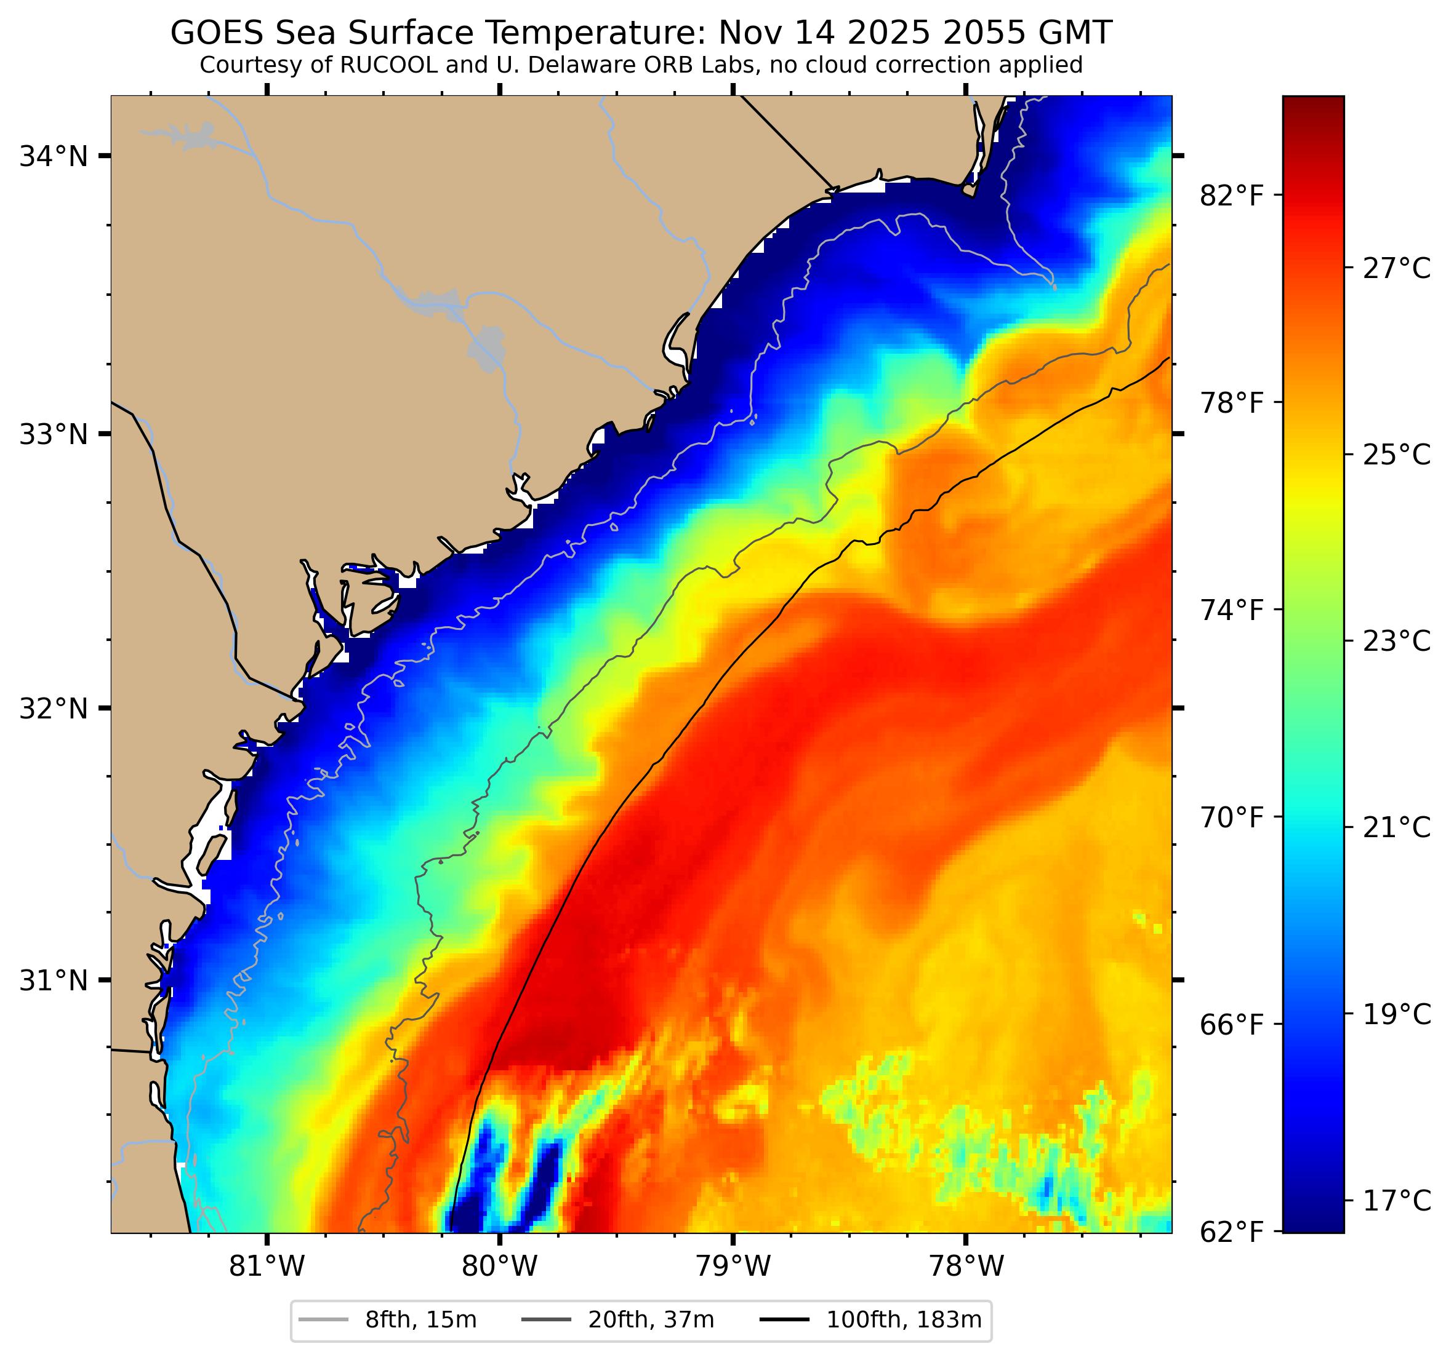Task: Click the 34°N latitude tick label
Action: (x=53, y=156)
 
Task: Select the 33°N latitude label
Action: (x=53, y=435)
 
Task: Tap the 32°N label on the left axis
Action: (x=53, y=708)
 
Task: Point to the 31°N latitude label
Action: (x=53, y=980)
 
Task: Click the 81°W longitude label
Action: (x=267, y=1267)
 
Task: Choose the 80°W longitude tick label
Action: (x=500, y=1267)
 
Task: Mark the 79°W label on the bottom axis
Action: (x=733, y=1267)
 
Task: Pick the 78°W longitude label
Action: (x=965, y=1267)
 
